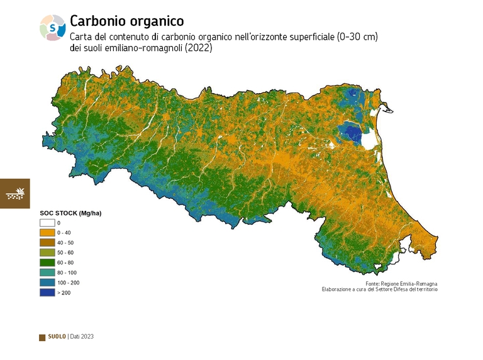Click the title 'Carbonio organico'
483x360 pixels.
[126, 21]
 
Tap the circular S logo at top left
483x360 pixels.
[52, 27]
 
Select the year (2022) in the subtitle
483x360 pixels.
[199, 48]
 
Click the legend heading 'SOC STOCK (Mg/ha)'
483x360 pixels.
[70, 213]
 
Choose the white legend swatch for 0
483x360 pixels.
[47, 223]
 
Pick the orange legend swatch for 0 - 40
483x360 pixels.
[47, 233]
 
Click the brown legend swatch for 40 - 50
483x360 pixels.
[47, 243]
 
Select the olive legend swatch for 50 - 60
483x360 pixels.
[47, 252]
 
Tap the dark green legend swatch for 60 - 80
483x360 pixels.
[47, 262]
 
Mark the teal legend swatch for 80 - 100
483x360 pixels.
[47, 273]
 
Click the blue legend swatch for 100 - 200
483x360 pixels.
[47, 283]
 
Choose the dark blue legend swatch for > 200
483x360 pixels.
[47, 293]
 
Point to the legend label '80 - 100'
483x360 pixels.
[67, 273]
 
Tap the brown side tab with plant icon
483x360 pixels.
[14, 193]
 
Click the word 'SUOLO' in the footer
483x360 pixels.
[57, 337]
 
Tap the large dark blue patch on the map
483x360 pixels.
[350, 133]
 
